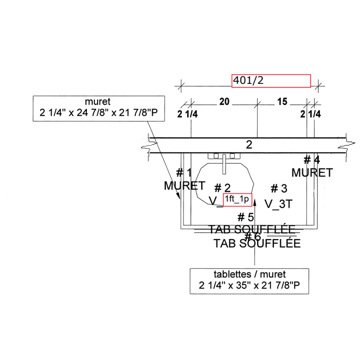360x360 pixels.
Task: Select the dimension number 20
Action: pyautogui.click(x=224, y=102)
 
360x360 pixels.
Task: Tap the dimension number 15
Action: pyautogui.click(x=282, y=102)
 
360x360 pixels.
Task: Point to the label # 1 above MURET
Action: pyautogui.click(x=184, y=173)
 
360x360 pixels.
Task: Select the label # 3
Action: pyautogui.click(x=279, y=188)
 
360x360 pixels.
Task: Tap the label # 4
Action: pyautogui.click(x=312, y=160)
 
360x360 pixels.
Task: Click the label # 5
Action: pyautogui.click(x=246, y=217)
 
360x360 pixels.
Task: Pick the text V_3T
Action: pyautogui.click(x=278, y=204)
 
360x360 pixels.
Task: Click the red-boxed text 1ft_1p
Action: pyautogui.click(x=237, y=200)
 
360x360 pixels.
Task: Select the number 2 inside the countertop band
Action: pyautogui.click(x=249, y=145)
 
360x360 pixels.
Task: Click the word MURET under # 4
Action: pyautogui.click(x=312, y=173)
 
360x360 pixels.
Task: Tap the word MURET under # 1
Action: pyautogui.click(x=184, y=186)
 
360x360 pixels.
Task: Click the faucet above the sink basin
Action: pyautogui.click(x=224, y=162)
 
